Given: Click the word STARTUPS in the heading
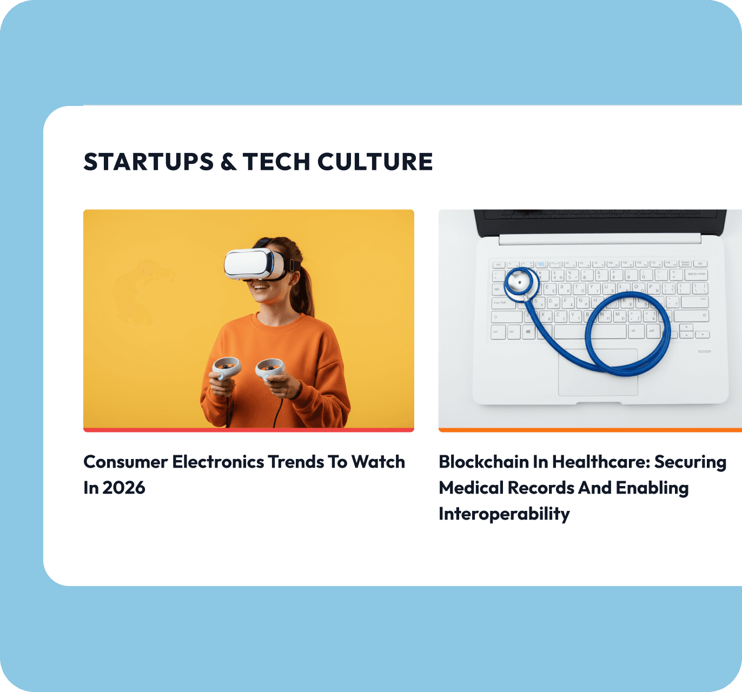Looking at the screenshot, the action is click(148, 162).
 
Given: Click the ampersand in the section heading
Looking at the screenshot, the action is click(228, 162).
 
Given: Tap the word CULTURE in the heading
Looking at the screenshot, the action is click(375, 162).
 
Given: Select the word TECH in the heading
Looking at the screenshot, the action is click(276, 162).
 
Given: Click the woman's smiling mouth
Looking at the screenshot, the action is click(261, 288).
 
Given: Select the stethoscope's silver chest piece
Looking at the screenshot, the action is click(519, 283).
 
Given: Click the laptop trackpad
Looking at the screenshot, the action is click(598, 372).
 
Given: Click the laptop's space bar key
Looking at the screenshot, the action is click(590, 332).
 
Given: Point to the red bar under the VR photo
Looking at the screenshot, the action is click(248, 430).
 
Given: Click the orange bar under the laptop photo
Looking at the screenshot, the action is click(591, 430).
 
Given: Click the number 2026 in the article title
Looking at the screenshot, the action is click(124, 488).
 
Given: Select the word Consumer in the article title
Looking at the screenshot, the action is click(125, 462).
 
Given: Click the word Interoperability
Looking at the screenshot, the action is click(505, 514).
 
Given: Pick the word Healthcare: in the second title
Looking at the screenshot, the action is click(601, 462).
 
